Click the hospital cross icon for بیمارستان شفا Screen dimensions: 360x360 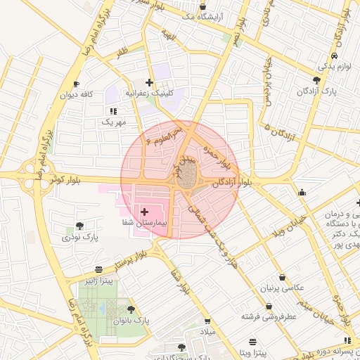(145, 211)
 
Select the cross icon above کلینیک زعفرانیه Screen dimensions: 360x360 (149, 82)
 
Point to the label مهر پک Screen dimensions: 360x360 (111, 122)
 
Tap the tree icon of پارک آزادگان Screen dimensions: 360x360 (316, 80)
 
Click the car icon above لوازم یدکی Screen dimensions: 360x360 (334, 55)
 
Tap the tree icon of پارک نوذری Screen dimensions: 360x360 (79, 226)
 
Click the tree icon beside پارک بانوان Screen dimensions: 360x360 (131, 309)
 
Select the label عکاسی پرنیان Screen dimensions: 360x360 (282, 288)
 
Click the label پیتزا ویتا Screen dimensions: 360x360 (249, 351)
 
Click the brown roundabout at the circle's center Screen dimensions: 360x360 (186, 179)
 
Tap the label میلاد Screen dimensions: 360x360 (209, 330)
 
